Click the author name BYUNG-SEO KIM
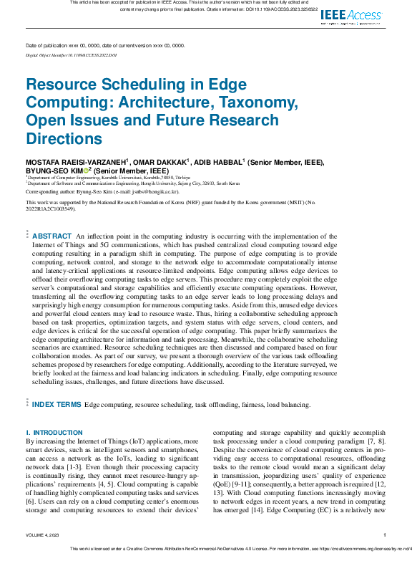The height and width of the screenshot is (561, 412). pyautogui.click(x=54, y=171)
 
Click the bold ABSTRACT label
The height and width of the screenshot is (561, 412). pyautogui.click(x=52, y=236)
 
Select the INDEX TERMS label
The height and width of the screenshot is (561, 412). pyautogui.click(x=57, y=405)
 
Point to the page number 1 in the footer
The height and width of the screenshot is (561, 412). pyautogui.click(x=385, y=535)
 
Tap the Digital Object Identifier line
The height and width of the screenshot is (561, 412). pyautogui.click(x=71, y=54)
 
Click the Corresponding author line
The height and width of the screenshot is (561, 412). pyautogui.click(x=102, y=192)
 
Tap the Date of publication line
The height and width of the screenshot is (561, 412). pyautogui.click(x=104, y=45)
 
